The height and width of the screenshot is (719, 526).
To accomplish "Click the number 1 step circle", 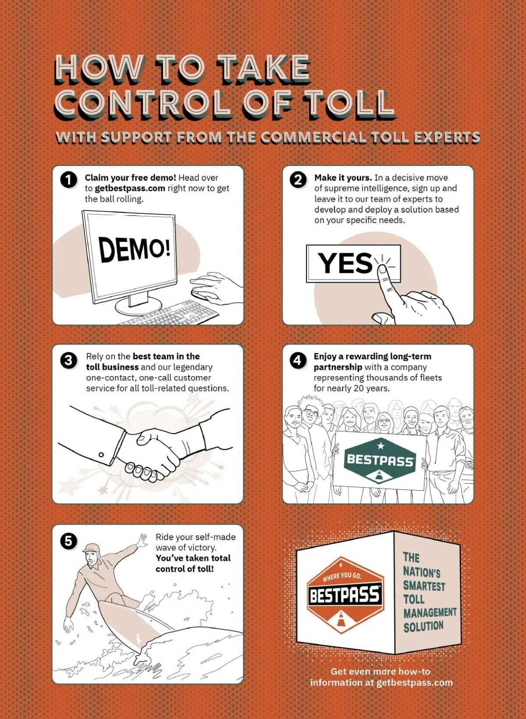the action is pyautogui.click(x=68, y=180).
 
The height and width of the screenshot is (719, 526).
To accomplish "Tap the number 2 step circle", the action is pyautogui.click(x=298, y=180).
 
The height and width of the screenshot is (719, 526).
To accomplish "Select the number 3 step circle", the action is pyautogui.click(x=68, y=360).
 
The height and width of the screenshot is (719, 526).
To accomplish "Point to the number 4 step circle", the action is pyautogui.click(x=298, y=360).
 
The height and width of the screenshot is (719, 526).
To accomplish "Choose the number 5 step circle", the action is pyautogui.click(x=68, y=542).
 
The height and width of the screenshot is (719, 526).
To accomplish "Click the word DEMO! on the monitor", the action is pyautogui.click(x=134, y=249).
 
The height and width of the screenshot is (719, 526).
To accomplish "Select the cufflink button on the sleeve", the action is pyautogui.click(x=101, y=454).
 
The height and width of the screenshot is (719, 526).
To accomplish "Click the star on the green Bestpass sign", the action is pyautogui.click(x=380, y=445).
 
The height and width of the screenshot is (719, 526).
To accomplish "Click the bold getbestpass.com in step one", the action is pyautogui.click(x=130, y=188).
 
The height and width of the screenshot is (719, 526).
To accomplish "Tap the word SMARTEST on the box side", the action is pyautogui.click(x=424, y=586).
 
